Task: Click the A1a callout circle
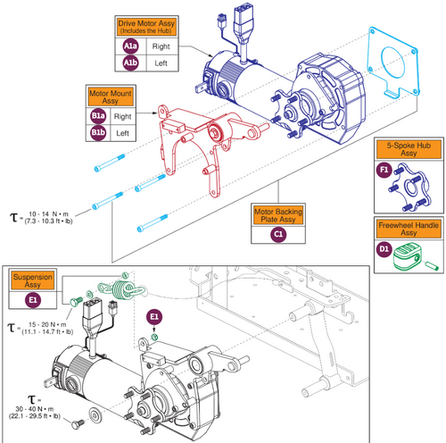point(131,46)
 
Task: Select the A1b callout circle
point(131,63)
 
